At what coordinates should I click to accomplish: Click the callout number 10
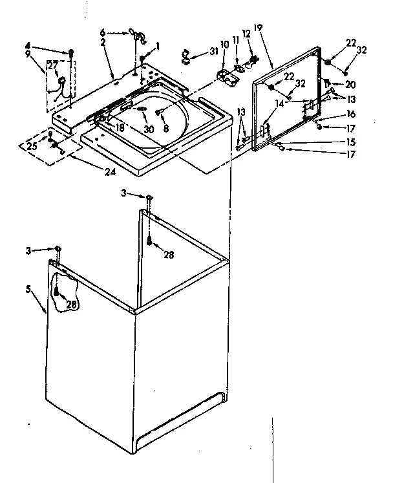[x=225, y=44]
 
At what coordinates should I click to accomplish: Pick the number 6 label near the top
[x=102, y=32]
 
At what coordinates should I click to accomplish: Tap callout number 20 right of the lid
[x=350, y=84]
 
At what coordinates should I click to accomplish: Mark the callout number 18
[x=120, y=127]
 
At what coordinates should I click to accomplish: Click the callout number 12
[x=246, y=33]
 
